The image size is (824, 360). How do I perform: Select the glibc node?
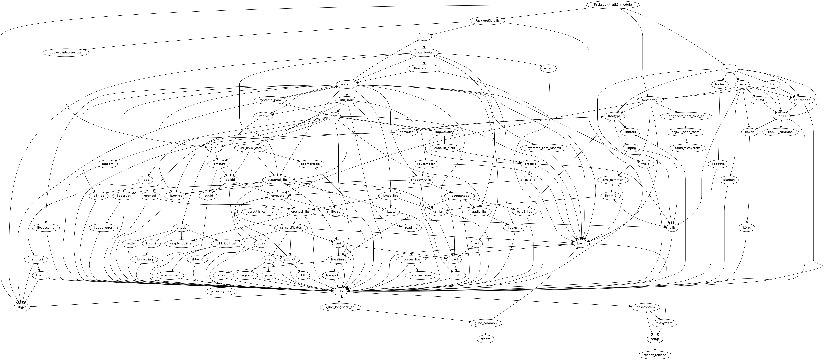(340, 291)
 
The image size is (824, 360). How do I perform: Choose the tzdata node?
(486, 339)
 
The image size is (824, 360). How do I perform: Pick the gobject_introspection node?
(66, 52)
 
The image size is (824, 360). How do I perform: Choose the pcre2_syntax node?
(221, 291)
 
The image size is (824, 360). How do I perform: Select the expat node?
(548, 68)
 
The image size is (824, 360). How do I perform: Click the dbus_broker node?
(424, 52)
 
